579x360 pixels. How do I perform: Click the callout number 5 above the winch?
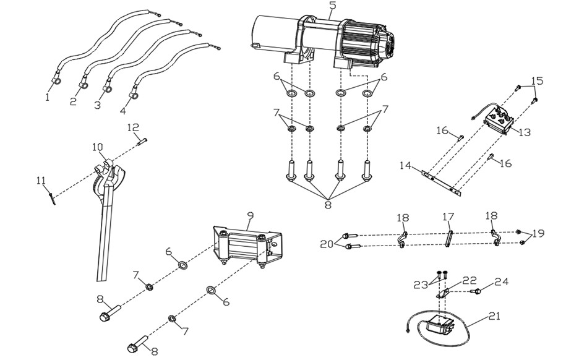pos(333,6)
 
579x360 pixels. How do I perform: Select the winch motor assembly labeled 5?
pos(321,41)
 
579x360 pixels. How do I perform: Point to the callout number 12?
pos(133,128)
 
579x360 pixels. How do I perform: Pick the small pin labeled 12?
pos(142,141)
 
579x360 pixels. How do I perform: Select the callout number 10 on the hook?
pos(98,148)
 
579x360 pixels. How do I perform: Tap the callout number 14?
pos(405,165)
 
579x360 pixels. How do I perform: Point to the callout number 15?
pos(538,81)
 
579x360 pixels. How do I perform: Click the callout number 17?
pos(448,216)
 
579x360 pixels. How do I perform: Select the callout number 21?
pos(494,317)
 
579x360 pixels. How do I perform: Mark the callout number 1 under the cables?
pos(47,97)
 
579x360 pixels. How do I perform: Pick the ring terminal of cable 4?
pos(133,96)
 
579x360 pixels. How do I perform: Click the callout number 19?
pos(538,233)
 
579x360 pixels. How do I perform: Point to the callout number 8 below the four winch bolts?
pos(328,204)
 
